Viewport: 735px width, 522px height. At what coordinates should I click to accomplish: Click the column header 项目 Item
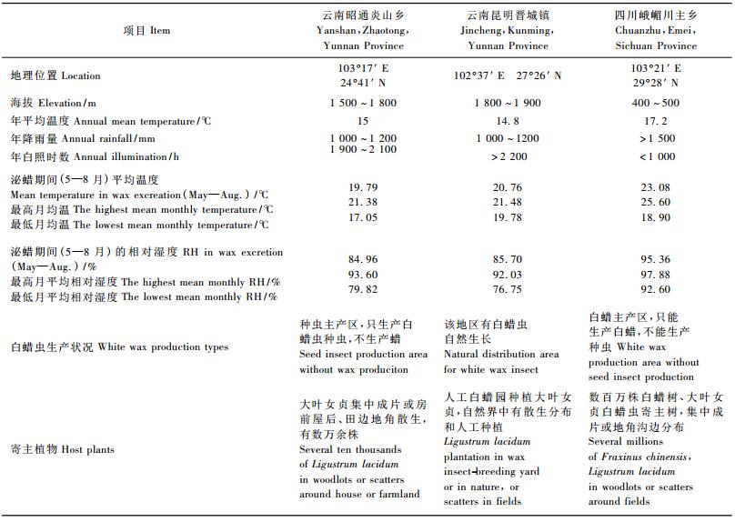coord(146,30)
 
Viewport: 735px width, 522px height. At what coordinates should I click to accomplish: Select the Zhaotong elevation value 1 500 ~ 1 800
coord(363,104)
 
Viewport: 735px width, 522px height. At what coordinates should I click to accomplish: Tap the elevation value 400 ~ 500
coord(655,104)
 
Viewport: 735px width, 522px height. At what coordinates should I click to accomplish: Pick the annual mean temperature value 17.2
coord(655,121)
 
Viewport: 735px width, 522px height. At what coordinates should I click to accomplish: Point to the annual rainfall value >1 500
coord(657,138)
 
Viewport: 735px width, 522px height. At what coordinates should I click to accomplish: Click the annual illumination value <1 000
coord(657,156)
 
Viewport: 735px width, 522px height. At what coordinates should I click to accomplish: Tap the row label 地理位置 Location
coord(55,76)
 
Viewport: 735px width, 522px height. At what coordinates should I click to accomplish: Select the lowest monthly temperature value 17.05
coord(363,218)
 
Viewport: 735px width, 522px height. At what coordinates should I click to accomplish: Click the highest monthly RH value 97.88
coord(655,275)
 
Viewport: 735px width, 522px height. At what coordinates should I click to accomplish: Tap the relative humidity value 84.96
coord(363,260)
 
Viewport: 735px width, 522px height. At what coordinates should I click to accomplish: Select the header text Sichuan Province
coord(655,45)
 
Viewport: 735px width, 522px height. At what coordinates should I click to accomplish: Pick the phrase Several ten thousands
coord(350,450)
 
